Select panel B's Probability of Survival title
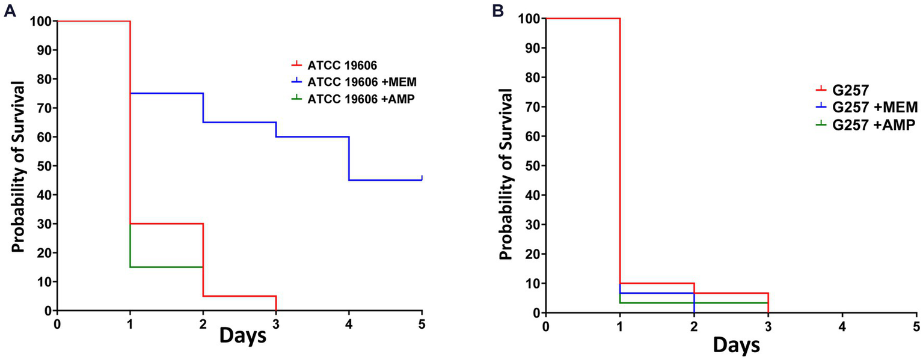click(x=507, y=165)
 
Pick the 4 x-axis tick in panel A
click(x=349, y=322)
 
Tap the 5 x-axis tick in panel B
click(x=916, y=325)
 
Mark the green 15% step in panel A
click(x=167, y=267)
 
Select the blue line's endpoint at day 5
click(x=422, y=178)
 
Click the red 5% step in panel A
click(x=239, y=296)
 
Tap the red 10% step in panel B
click(x=657, y=283)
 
